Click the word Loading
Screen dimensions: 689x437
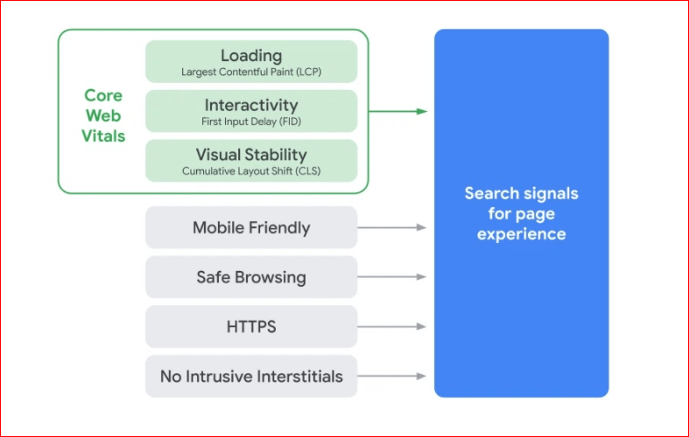pos(251,56)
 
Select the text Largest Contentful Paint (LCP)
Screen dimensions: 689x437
pos(251,72)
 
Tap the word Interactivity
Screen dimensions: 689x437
pos(251,105)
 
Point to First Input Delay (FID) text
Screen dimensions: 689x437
pos(251,121)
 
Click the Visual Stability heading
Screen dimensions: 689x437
pos(251,155)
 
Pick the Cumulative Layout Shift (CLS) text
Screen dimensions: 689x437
pos(251,171)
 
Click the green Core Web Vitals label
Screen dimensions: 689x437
pos(103,116)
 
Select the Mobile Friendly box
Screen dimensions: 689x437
pos(251,227)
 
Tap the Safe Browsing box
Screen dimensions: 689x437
pos(251,277)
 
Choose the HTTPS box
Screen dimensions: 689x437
pos(251,326)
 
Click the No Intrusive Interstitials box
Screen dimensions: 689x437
pos(251,376)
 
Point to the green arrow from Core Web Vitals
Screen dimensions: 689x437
pos(398,112)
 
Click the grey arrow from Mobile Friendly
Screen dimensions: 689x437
pos(392,227)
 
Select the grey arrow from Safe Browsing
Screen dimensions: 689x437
pos(392,277)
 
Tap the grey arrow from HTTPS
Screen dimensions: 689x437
pos(392,326)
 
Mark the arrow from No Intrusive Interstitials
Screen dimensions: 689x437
pos(392,376)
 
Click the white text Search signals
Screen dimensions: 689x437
pos(522,193)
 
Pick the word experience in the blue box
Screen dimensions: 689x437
pos(522,234)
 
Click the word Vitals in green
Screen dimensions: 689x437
pos(103,136)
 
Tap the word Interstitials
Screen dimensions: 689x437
pos(300,377)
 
